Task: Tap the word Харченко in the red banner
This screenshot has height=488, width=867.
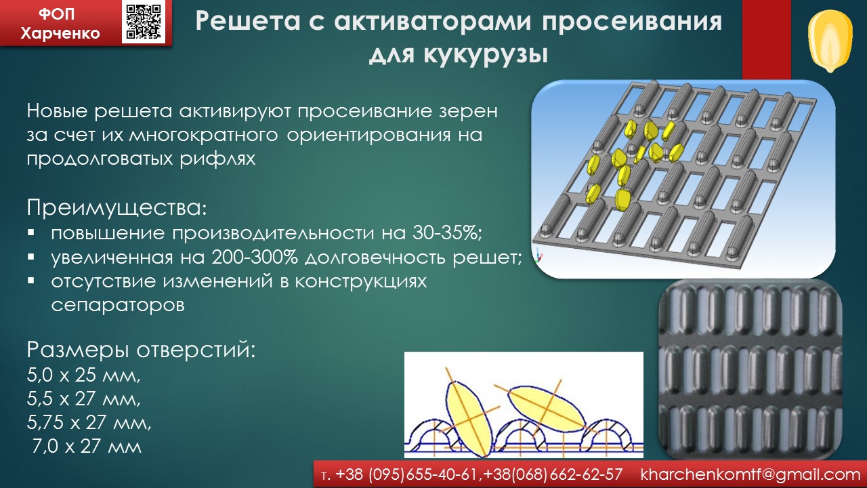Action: [60, 33]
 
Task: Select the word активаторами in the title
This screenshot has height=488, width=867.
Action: [432, 21]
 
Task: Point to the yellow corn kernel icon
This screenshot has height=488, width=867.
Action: [830, 41]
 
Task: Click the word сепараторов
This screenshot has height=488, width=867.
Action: [118, 306]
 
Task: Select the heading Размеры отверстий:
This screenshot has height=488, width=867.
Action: [142, 350]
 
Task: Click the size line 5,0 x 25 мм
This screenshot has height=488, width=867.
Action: [83, 375]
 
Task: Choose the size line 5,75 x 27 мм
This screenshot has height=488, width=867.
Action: [89, 422]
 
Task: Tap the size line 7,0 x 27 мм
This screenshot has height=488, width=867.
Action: [87, 446]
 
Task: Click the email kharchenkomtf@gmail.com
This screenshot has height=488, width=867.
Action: [750, 474]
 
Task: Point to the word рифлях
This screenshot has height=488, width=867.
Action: [217, 159]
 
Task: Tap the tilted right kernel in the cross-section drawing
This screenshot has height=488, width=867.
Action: [547, 407]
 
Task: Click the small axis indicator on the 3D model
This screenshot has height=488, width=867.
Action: [538, 256]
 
